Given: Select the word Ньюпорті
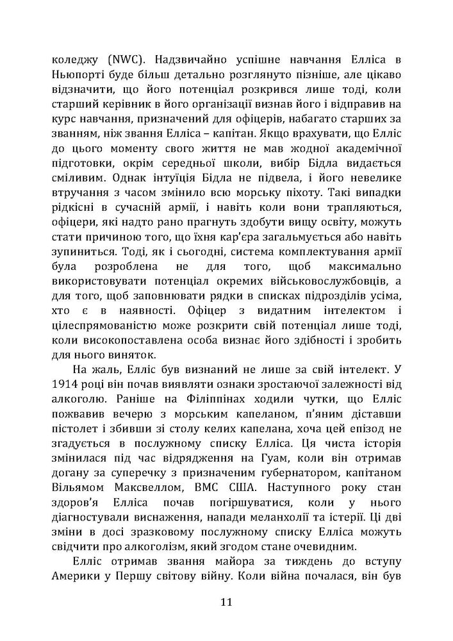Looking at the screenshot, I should tap(77, 76).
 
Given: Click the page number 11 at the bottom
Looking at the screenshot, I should tap(226, 602).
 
